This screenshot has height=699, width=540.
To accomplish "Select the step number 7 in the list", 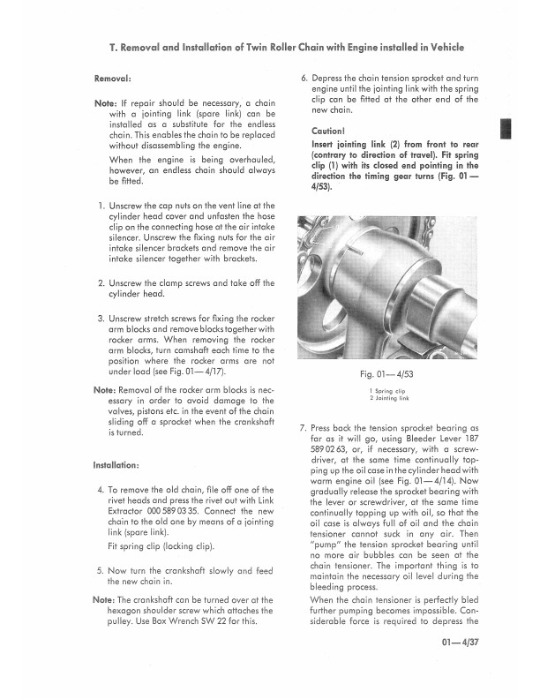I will (304, 428).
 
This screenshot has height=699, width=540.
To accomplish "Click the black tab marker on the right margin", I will (506, 128).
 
